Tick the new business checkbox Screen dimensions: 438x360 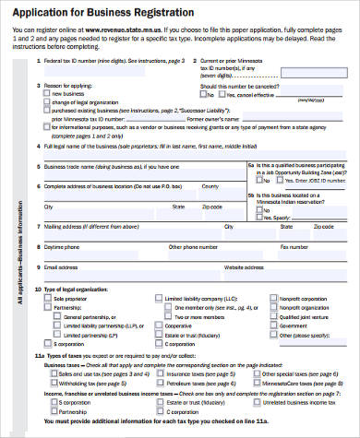point(46,94)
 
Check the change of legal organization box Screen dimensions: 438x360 point(46,101)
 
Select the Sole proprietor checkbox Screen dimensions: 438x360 point(46,299)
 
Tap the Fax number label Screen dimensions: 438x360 point(294,246)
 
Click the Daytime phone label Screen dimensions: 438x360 point(64,246)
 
